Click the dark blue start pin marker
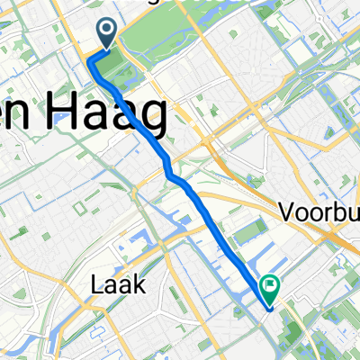pyautogui.click(x=106, y=34)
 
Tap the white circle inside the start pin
pyautogui.click(x=106, y=31)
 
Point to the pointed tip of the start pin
pyautogui.click(x=106, y=49)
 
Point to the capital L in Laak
pyautogui.click(x=96, y=284)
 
